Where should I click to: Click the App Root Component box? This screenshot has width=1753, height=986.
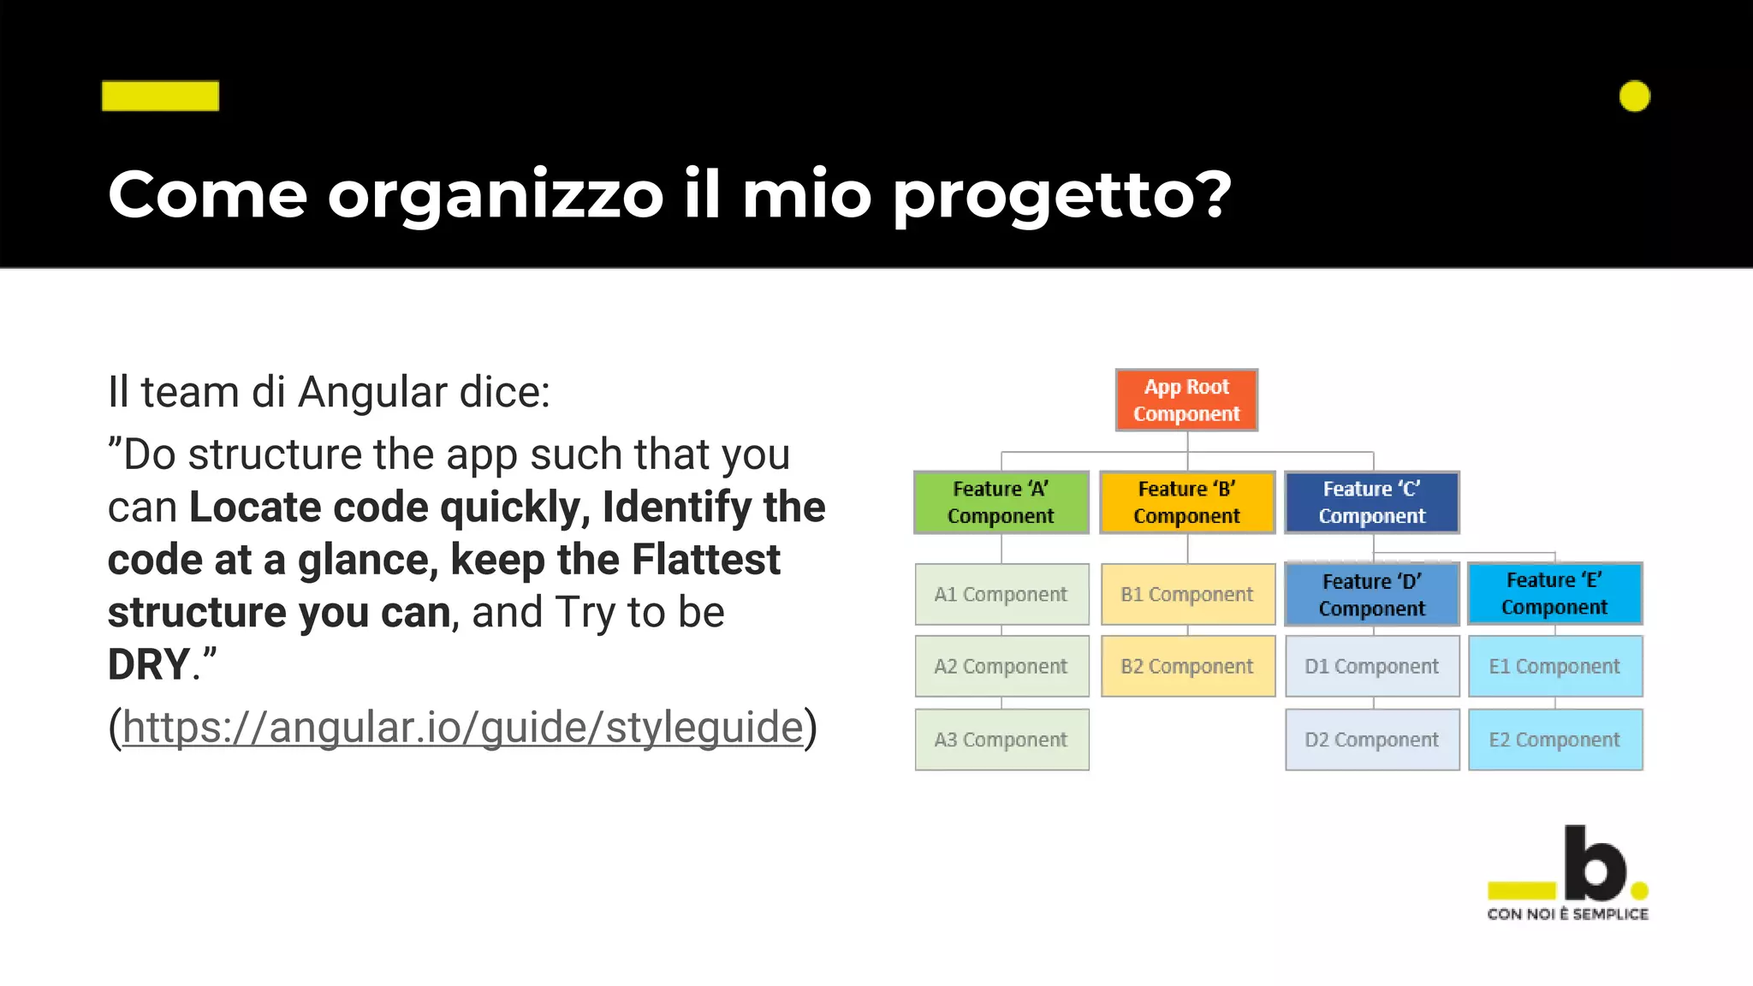click(1186, 401)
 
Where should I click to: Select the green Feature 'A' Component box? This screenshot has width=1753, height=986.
click(1001, 502)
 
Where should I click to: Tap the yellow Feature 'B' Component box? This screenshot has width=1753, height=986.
click(1187, 502)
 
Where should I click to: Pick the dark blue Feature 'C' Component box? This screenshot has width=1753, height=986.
click(1372, 502)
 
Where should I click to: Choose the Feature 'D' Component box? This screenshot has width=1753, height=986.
click(1372, 595)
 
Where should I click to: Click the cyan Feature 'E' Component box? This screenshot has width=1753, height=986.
click(1554, 593)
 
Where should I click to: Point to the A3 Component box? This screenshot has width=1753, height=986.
click(1001, 739)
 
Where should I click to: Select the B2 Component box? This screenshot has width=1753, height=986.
click(1187, 666)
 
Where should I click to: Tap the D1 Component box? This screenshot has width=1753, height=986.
click(1372, 666)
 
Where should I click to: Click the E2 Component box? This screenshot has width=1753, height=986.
click(1554, 739)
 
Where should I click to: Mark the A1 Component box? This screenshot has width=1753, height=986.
click(1001, 594)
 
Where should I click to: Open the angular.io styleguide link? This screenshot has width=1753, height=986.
click(462, 728)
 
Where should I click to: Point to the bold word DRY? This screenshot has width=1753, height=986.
click(148, 665)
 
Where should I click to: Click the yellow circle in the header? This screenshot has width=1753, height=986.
click(1634, 96)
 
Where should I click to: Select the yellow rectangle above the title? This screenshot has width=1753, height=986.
click(160, 96)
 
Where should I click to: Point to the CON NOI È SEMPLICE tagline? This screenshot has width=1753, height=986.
click(1567, 914)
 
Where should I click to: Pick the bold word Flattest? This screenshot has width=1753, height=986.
click(705, 560)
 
